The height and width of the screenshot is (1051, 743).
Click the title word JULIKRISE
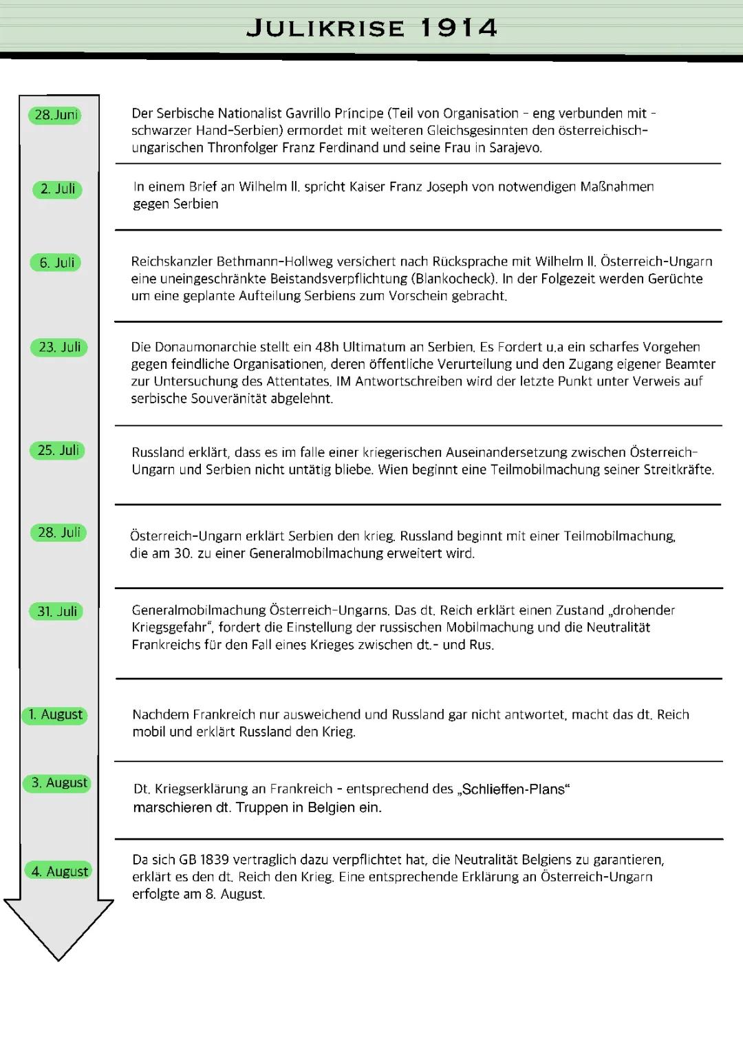[x=325, y=28]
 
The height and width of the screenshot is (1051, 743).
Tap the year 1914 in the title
[x=458, y=28]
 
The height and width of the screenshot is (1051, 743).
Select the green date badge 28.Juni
[x=55, y=115]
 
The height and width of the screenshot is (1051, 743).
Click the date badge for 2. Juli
[x=58, y=189]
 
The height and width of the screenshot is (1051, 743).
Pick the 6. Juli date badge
[x=56, y=263]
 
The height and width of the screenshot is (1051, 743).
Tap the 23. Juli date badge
[x=59, y=348]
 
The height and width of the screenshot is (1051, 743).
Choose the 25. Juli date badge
[x=58, y=451]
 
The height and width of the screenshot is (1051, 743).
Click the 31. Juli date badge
[x=56, y=612]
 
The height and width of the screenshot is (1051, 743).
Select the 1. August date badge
[x=55, y=715]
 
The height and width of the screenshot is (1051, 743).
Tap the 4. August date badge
[x=59, y=871]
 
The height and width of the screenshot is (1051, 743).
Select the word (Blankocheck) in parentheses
[x=453, y=279]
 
